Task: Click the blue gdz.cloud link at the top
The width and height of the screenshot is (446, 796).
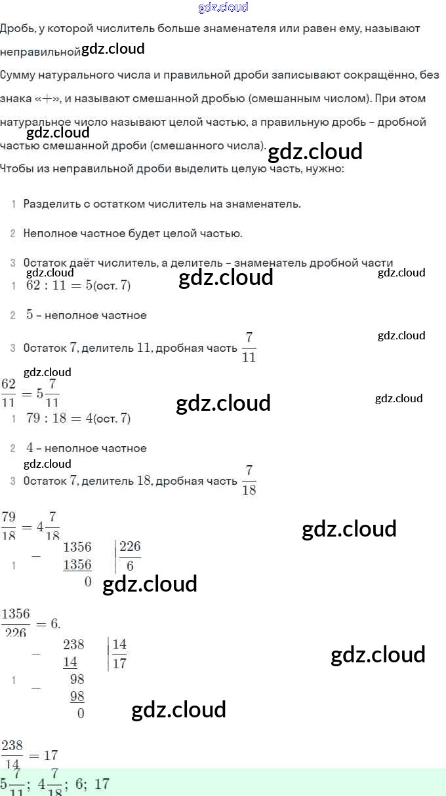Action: [223, 7]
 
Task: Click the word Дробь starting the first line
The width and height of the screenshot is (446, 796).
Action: [14, 28]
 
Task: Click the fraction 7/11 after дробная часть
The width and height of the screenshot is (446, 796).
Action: [249, 347]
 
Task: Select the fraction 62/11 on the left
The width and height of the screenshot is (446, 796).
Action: [9, 392]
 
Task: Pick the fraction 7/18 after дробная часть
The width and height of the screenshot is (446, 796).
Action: [249, 480]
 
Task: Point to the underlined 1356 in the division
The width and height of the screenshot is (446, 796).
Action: [77, 565]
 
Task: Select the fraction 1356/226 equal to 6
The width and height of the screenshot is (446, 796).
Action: [16, 623]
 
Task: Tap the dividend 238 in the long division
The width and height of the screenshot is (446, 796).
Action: [73, 645]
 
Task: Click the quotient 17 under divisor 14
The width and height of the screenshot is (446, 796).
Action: [119, 663]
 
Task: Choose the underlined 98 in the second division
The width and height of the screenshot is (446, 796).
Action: [77, 696]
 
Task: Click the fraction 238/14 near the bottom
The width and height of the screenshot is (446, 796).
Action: [12, 755]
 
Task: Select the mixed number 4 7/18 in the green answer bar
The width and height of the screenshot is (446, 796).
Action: [48, 784]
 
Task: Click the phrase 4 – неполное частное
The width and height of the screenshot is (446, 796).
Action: [86, 448]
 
